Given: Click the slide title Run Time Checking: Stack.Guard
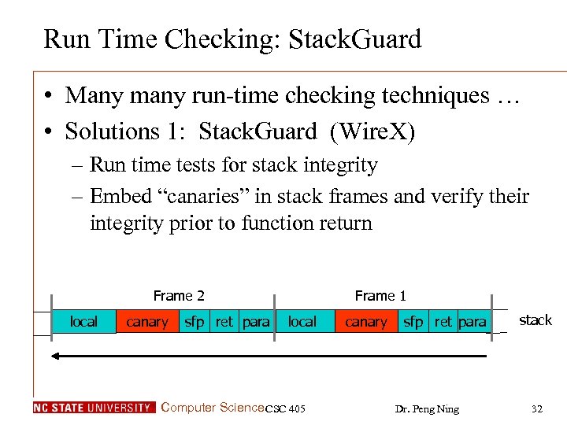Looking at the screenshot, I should point(232,39).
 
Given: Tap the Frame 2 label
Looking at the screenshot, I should point(179,296).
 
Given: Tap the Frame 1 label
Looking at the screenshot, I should point(380,296).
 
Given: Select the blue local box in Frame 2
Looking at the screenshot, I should point(83,322).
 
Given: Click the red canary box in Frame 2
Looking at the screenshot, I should point(147,322).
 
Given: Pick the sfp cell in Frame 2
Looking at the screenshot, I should point(195,322).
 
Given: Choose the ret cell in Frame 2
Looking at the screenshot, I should point(224,322).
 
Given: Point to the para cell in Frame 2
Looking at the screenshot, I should point(256,322).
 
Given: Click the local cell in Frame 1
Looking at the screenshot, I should point(302,322).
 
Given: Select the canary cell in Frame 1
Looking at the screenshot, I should point(366,322).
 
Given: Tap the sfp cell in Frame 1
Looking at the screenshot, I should point(413,322).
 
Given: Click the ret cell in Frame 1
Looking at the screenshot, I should point(443,322).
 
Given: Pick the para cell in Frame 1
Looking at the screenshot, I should point(472,322).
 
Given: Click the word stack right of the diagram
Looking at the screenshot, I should point(535,320).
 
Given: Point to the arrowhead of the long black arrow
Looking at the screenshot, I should point(55,356).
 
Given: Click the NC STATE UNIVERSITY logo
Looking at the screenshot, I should point(94,408).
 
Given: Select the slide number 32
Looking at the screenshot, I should point(537,408).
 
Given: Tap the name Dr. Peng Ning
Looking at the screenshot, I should point(428,408).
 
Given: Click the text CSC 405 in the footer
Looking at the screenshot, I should point(286,408).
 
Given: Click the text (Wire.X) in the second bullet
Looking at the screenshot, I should point(369,131).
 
